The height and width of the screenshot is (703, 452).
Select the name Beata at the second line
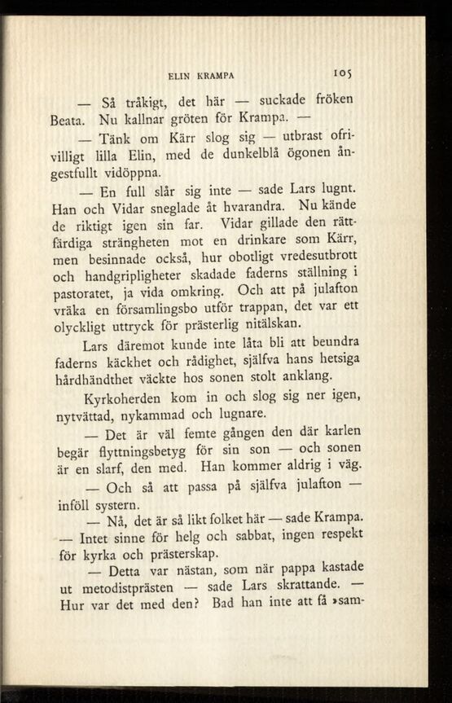coord(68,120)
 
